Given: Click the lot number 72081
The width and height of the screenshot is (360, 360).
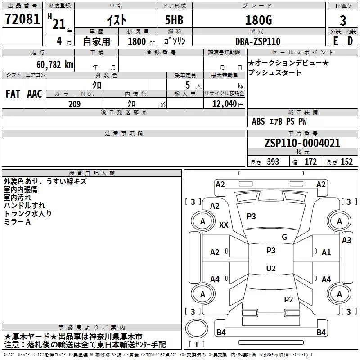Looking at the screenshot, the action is (x=22, y=19).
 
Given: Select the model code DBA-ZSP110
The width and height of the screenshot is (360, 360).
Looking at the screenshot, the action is (x=257, y=41).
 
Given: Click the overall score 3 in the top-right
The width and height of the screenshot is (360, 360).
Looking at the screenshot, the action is (x=343, y=20).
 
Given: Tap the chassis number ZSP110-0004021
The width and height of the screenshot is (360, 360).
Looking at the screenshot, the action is (x=302, y=143).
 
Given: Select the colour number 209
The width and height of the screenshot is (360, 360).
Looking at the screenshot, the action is (x=75, y=104).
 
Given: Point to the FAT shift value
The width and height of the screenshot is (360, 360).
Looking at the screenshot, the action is (x=13, y=94).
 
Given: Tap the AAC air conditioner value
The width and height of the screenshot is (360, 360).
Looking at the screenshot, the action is (x=35, y=94).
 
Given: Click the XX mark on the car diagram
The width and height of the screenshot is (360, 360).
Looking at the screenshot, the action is (x=224, y=225).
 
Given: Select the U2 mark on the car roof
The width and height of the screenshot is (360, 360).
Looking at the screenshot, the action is (x=271, y=268).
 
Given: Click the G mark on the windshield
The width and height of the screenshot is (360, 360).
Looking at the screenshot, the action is (x=284, y=237).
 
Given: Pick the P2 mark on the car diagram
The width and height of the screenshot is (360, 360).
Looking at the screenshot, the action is (x=288, y=300).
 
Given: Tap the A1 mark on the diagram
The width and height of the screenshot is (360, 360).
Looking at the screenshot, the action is (x=326, y=252).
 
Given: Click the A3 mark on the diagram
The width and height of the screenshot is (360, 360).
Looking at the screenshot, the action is (x=346, y=240).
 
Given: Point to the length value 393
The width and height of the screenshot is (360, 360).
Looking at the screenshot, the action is (x=273, y=162).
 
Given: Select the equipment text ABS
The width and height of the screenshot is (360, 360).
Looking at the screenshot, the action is (x=258, y=121).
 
